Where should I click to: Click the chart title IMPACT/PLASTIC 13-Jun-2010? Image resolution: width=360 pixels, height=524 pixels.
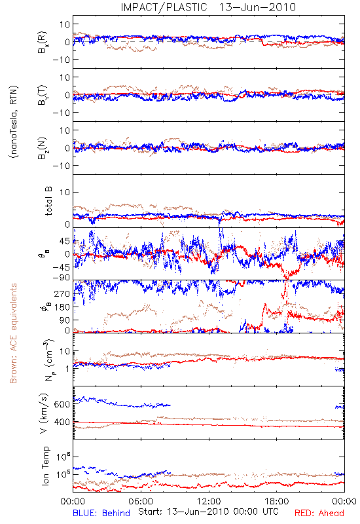(x=208, y=7)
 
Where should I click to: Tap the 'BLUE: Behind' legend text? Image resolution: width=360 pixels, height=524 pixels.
(x=101, y=513)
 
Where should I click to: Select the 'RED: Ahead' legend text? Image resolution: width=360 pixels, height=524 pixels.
(x=319, y=513)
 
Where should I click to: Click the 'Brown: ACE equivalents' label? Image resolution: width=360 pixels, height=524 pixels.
(x=13, y=333)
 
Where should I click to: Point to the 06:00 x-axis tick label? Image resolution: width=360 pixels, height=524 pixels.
(x=141, y=501)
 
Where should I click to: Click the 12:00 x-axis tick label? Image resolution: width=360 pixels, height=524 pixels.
(x=209, y=501)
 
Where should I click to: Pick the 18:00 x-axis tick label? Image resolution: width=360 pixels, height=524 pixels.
(x=277, y=501)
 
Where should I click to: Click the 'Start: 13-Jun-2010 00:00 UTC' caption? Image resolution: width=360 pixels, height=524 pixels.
(x=208, y=512)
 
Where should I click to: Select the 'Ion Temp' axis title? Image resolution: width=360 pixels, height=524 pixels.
(x=46, y=466)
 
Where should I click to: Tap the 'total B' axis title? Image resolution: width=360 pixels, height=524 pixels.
(x=48, y=201)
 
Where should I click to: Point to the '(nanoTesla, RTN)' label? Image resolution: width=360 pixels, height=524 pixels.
(x=14, y=122)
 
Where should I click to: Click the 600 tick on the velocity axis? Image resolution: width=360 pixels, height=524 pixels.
(x=62, y=404)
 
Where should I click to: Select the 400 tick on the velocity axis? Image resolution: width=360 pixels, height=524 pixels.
(x=62, y=422)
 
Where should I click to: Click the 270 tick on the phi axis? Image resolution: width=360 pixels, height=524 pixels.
(x=62, y=293)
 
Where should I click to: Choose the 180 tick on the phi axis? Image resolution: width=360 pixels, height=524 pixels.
(x=62, y=307)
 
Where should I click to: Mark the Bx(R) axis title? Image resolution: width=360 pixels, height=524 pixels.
(x=43, y=43)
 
